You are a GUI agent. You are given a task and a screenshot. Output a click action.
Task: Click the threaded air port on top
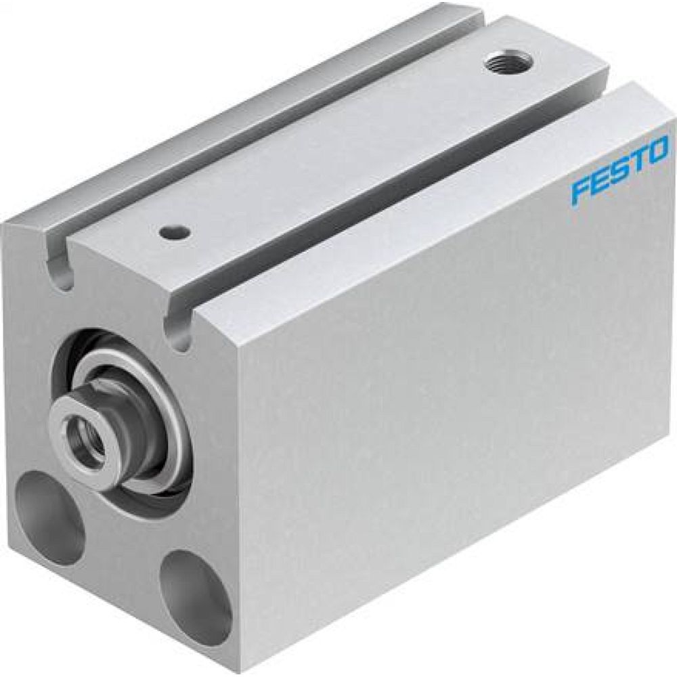(510, 66)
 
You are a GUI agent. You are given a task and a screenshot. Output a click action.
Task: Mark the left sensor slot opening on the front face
(62, 271)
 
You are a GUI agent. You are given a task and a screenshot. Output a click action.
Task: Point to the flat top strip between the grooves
(338, 156)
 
